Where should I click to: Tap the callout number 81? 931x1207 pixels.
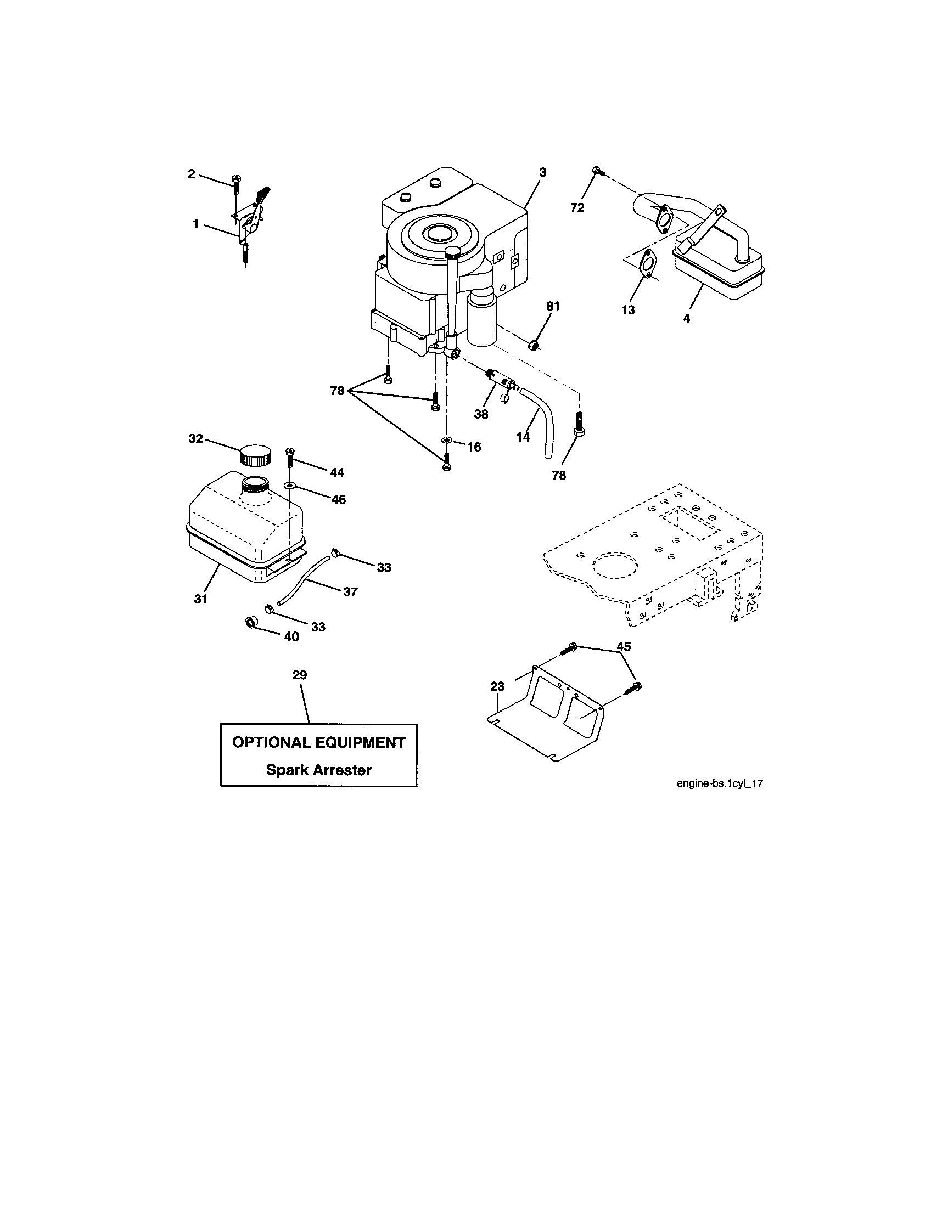[x=553, y=306]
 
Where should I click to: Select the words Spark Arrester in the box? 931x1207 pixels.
[x=318, y=770]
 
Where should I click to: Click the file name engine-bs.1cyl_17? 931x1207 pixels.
[x=720, y=783]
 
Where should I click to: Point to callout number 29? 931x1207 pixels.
[x=300, y=675]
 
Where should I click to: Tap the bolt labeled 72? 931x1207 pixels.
[x=596, y=170]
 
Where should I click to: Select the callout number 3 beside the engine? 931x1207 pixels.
[x=543, y=172]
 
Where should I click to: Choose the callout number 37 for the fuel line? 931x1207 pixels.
[x=350, y=592]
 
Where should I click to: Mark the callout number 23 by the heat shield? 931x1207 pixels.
[x=497, y=686]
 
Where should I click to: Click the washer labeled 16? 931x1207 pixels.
[x=446, y=440]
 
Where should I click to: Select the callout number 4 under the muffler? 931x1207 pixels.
[x=687, y=318]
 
